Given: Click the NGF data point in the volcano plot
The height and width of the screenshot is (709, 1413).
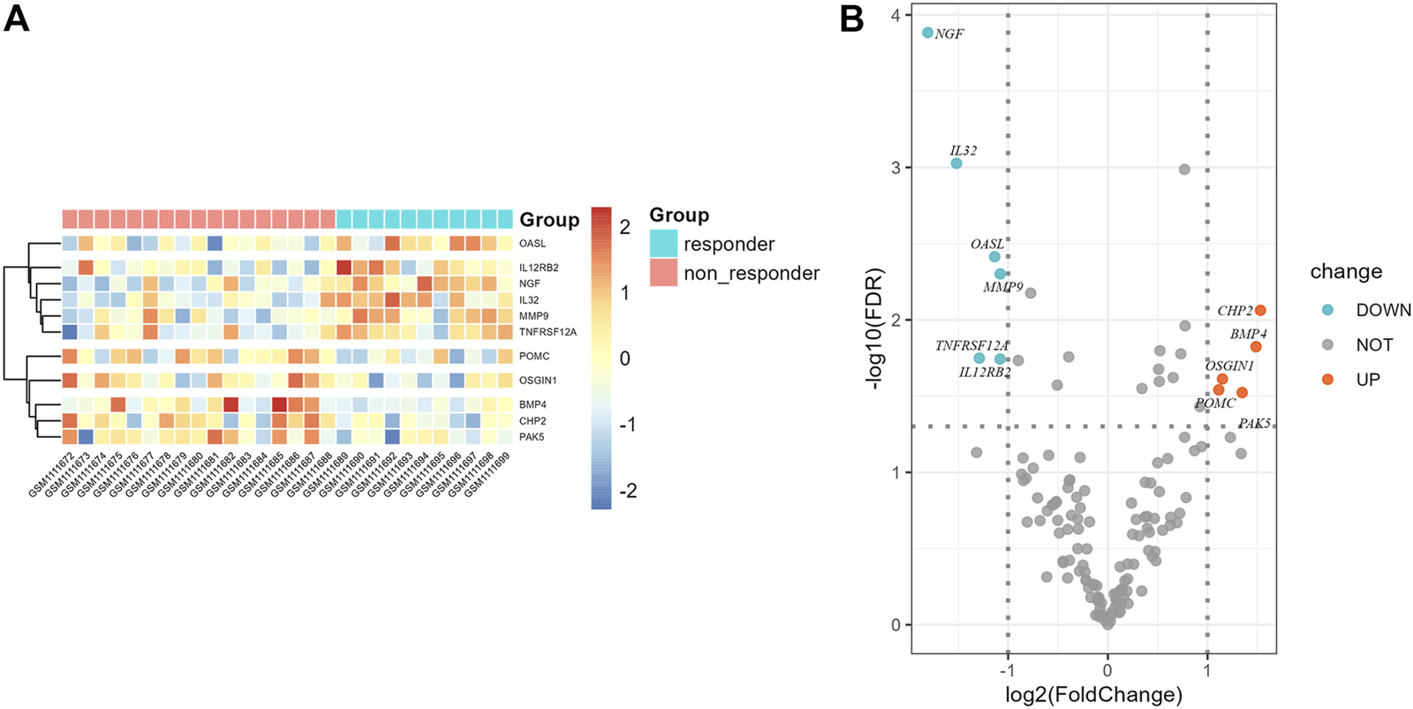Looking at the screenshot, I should coord(927,33).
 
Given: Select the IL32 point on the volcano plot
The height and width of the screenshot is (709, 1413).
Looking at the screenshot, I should coord(956,163).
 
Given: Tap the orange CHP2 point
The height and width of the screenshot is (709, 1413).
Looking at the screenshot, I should coord(1260,310).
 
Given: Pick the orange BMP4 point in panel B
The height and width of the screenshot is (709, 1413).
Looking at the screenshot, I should coord(1256,347).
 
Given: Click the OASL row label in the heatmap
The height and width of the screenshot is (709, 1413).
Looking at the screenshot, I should coord(533,244).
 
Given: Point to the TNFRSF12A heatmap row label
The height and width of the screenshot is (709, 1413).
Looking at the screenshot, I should coord(548,332).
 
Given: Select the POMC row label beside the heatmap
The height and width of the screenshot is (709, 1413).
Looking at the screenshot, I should coord(534,356).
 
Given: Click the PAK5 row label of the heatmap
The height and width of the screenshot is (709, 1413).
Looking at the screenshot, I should coord(532,437).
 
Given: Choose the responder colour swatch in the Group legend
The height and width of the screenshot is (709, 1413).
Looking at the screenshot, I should coord(663,244).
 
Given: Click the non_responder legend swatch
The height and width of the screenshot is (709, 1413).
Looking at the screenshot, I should coord(663,273).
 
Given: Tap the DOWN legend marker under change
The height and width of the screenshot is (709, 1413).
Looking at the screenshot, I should coord(1327,310).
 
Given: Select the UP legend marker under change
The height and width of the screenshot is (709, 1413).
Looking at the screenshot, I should coord(1327,379).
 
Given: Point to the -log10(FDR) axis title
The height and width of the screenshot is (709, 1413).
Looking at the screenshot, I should coord(876,328).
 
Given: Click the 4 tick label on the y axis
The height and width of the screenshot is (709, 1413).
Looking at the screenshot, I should coord(895,15).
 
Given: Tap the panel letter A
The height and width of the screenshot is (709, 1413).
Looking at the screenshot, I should coord(17,19).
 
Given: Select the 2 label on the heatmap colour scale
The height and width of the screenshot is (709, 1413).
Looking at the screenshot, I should coord(625,227).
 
